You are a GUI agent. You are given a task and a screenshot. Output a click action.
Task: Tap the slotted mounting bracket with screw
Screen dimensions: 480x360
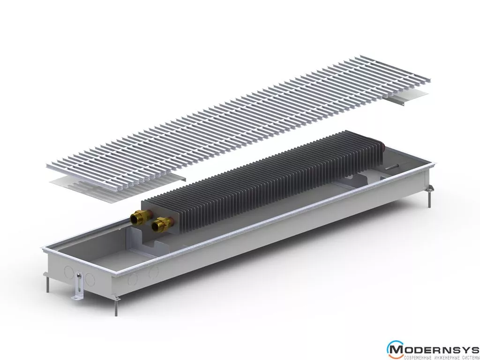[79, 285]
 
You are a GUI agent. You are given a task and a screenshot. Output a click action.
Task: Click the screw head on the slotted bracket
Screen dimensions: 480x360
[79, 276]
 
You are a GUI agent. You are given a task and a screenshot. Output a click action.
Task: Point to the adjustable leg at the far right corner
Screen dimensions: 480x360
[429, 195]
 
